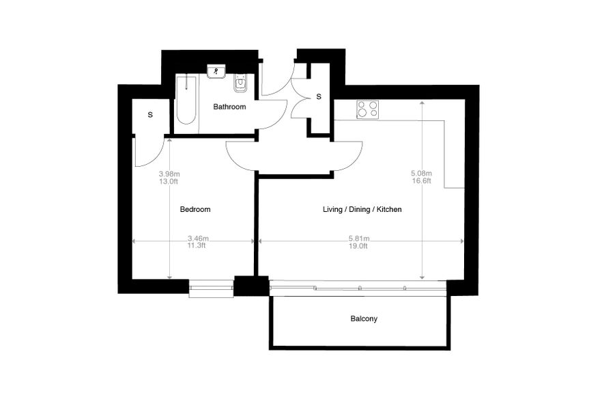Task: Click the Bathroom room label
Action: (229, 107)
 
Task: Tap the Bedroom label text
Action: (195, 209)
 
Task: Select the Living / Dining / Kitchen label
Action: (362, 209)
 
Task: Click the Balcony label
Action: (364, 319)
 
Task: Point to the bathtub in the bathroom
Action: (186, 100)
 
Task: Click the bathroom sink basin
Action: (216, 71)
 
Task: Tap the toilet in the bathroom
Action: (240, 83)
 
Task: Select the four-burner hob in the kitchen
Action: (367, 109)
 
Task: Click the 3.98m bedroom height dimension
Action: (169, 174)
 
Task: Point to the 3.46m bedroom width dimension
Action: (198, 238)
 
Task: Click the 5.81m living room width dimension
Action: (359, 238)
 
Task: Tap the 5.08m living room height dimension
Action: (422, 174)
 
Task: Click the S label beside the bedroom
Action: (150, 115)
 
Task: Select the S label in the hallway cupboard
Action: (319, 96)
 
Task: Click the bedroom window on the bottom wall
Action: (211, 288)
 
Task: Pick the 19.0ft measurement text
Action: (359, 246)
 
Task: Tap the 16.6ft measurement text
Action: (421, 181)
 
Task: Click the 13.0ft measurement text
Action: (169, 182)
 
